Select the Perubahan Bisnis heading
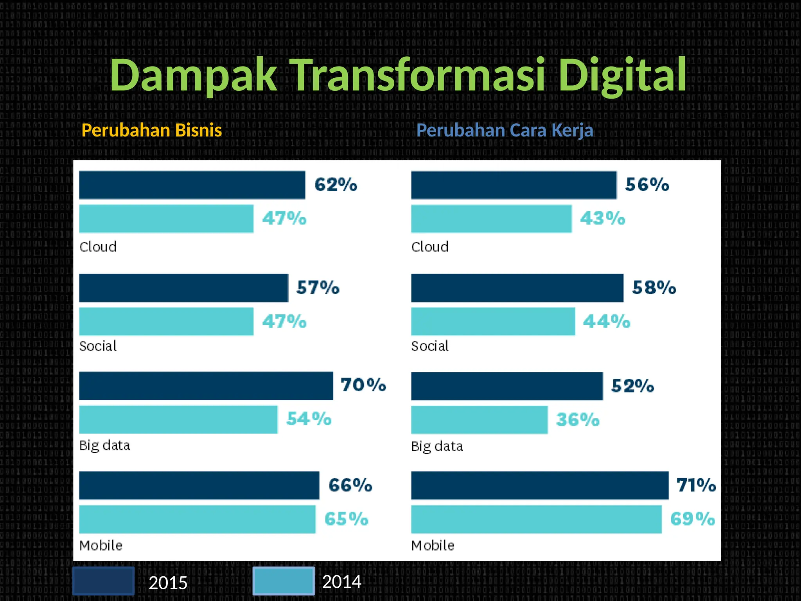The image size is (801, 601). (x=151, y=130)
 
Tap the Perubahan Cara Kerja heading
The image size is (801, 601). (x=505, y=130)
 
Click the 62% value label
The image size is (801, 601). (x=336, y=185)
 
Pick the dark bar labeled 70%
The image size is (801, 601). (x=206, y=386)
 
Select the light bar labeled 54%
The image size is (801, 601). (x=178, y=419)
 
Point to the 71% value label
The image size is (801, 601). (x=696, y=485)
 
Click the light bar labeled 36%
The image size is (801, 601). (x=479, y=419)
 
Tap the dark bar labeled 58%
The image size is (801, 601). (x=517, y=288)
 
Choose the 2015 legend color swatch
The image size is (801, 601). (x=104, y=581)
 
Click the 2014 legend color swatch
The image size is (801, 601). (x=284, y=581)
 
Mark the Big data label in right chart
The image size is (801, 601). (x=437, y=446)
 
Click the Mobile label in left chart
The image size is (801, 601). (x=101, y=545)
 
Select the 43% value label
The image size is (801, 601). (x=602, y=218)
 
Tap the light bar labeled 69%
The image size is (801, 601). (x=536, y=519)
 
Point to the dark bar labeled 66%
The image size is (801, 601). (x=199, y=486)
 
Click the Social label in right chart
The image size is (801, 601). (x=430, y=346)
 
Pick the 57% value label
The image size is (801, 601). (x=318, y=288)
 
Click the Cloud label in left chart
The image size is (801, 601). (x=98, y=247)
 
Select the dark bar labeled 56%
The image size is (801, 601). (x=514, y=185)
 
